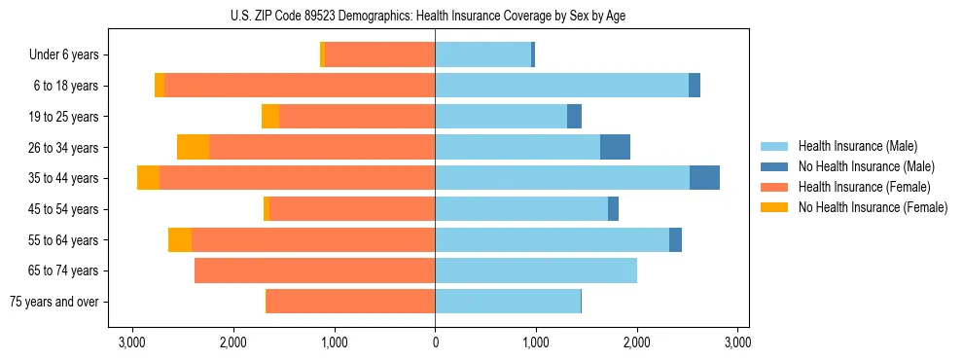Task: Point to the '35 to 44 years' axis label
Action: click(64, 178)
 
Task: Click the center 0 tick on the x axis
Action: click(435, 342)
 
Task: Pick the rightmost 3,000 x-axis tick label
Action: click(737, 342)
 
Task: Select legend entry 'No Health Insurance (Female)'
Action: click(873, 207)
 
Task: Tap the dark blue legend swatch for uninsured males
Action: click(774, 166)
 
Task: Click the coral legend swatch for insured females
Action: click(774, 187)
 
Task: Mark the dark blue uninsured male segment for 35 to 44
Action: click(704, 178)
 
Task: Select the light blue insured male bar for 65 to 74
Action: click(536, 270)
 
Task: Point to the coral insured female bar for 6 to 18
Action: click(300, 86)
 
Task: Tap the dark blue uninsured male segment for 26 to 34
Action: click(615, 147)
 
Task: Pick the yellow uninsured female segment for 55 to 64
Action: click(180, 239)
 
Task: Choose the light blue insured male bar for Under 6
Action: click(482, 55)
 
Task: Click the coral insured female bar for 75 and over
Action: click(350, 302)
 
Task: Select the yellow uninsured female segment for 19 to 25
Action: click(270, 117)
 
